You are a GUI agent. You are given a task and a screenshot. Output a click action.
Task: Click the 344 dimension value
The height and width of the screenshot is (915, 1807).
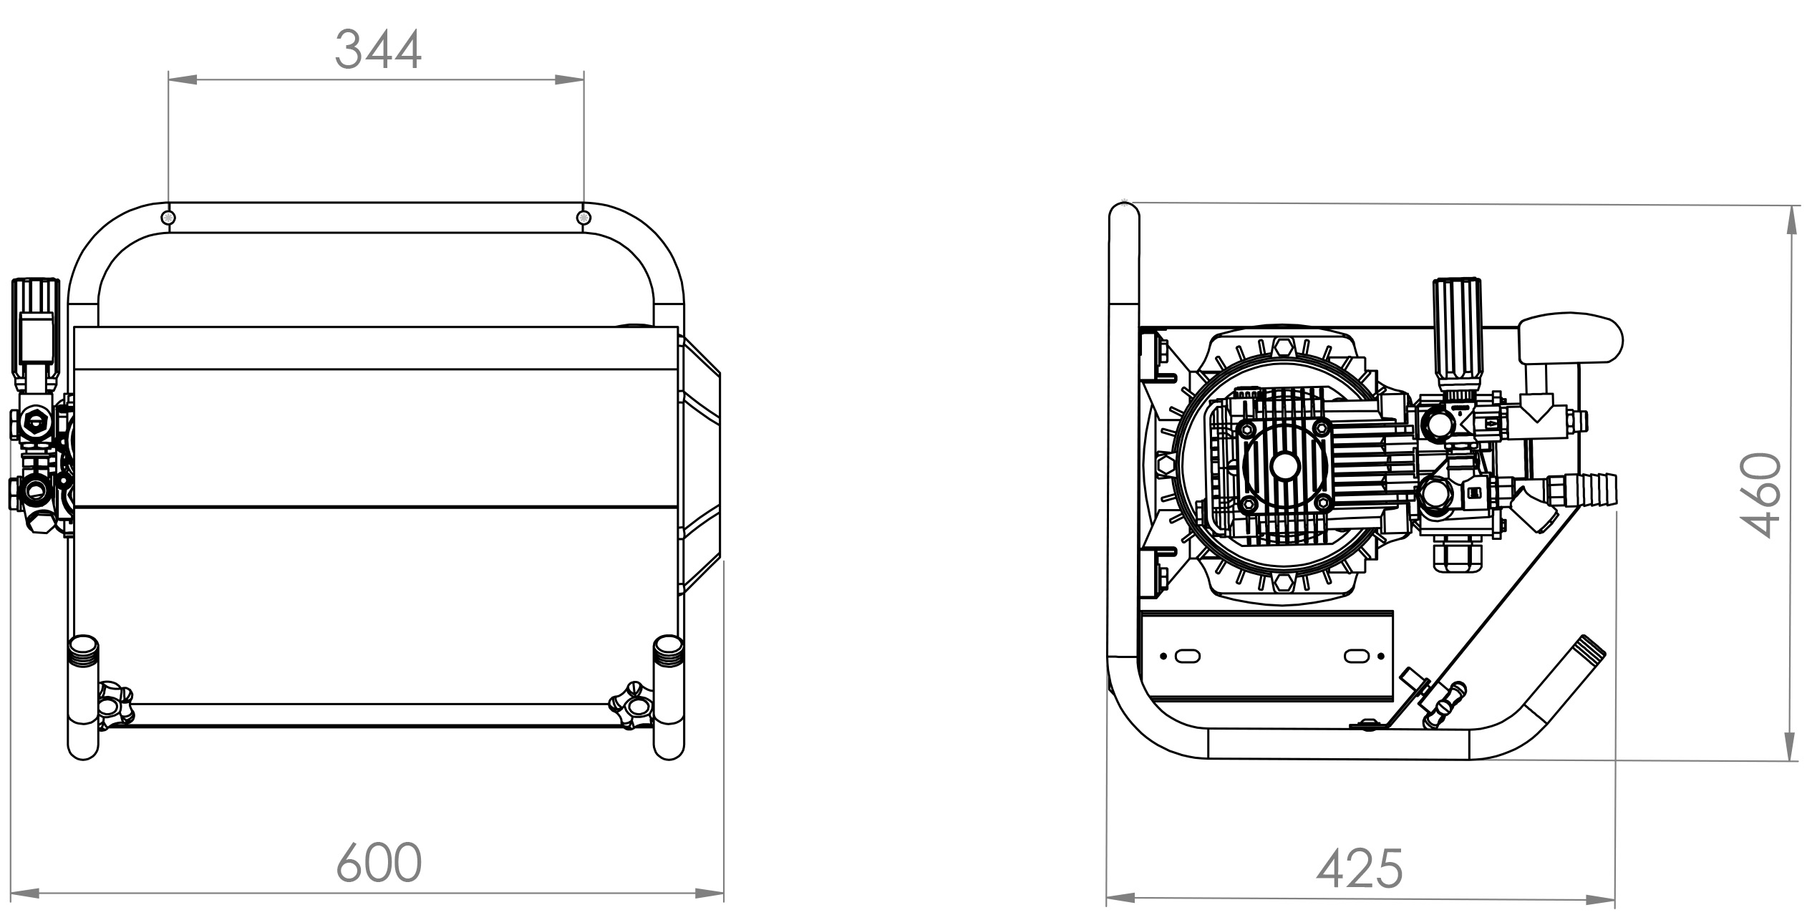point(379,49)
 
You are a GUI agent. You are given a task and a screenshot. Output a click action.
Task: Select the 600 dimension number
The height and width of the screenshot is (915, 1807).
point(379,863)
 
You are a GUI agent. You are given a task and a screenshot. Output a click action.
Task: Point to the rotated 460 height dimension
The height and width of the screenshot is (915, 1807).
point(1759,495)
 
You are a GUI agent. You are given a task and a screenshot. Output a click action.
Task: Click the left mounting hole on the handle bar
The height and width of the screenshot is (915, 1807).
point(169,217)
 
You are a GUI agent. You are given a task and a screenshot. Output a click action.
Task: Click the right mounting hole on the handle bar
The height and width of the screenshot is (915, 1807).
point(584,217)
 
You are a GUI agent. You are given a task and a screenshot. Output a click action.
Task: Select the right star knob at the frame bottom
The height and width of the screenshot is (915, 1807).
point(631,705)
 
